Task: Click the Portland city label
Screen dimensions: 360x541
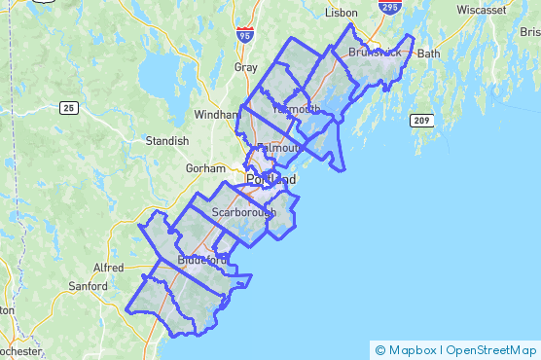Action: click(271, 181)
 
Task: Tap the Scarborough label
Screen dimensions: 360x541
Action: click(244, 211)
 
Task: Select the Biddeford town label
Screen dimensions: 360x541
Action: click(202, 261)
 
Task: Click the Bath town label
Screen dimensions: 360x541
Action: click(429, 54)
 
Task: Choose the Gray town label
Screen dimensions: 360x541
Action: click(246, 68)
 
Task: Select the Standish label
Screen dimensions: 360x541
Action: click(166, 141)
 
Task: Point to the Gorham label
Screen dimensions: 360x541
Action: click(205, 168)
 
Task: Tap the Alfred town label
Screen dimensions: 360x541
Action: click(108, 268)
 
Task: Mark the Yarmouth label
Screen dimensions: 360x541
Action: click(296, 109)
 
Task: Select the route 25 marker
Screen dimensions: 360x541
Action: click(67, 106)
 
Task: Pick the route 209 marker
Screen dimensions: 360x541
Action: click(420, 120)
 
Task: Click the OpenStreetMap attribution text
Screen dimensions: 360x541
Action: click(493, 350)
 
